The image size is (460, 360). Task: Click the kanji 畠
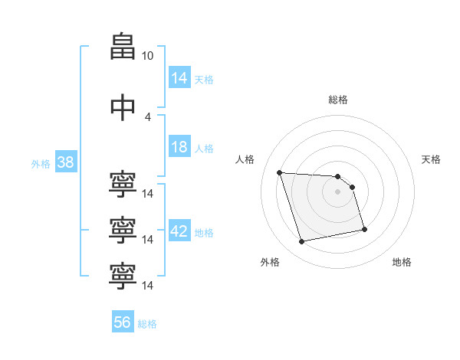click(x=122, y=47)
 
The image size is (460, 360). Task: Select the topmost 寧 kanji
click(x=122, y=185)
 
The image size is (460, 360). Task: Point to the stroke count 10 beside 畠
click(x=147, y=55)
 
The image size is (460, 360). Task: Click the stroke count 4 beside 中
click(x=147, y=116)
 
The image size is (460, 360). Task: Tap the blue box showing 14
click(x=179, y=77)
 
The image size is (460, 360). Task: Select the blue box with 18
click(x=179, y=147)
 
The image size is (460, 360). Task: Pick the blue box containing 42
click(x=179, y=231)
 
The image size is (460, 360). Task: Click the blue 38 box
click(x=65, y=162)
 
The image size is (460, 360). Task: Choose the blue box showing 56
click(x=123, y=322)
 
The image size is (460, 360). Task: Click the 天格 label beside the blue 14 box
click(x=204, y=79)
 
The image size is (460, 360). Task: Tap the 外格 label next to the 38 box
click(x=41, y=163)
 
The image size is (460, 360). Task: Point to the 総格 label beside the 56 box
click(x=147, y=324)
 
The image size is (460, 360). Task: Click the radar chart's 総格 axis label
click(x=337, y=100)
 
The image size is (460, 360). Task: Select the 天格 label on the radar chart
click(x=431, y=159)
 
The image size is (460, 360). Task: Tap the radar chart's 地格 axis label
click(x=402, y=262)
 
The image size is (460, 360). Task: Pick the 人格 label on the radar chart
click(x=245, y=159)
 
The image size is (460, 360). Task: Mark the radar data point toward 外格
click(x=302, y=241)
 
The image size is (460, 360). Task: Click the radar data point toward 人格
click(x=280, y=172)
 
